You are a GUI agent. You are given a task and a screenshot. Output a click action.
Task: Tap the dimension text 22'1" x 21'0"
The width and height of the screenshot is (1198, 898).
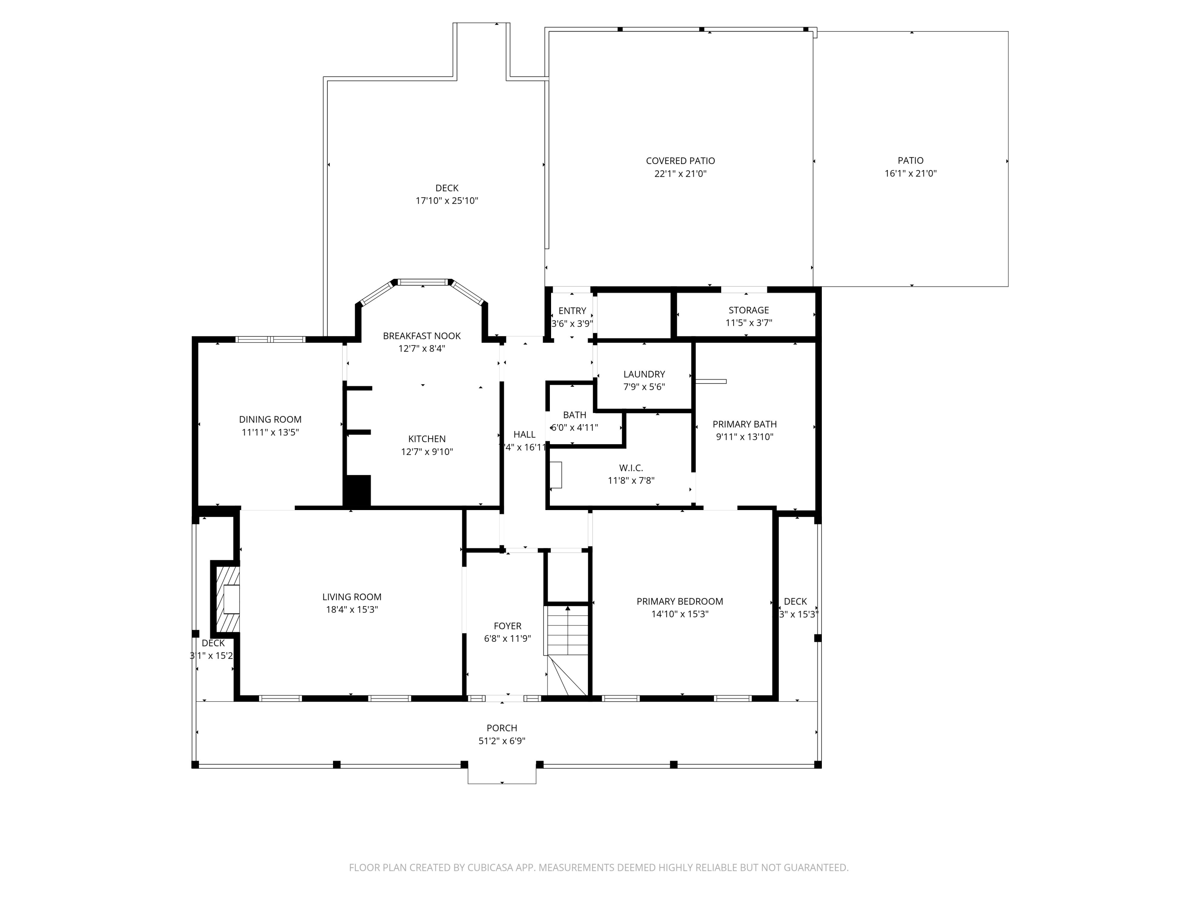(x=680, y=174)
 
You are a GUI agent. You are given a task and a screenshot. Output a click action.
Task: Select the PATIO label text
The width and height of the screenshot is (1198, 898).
(x=910, y=160)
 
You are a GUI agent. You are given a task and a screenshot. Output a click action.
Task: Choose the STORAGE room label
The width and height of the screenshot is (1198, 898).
(x=748, y=310)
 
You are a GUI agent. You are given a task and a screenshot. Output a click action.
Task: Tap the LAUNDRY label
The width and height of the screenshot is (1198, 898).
(x=644, y=374)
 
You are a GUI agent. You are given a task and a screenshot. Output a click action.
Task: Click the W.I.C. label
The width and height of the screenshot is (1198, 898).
(x=631, y=468)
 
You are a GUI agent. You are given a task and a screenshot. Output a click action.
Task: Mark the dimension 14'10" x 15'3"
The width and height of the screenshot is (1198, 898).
(x=680, y=614)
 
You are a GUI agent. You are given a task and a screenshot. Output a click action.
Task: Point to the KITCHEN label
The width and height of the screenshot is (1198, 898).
(x=427, y=439)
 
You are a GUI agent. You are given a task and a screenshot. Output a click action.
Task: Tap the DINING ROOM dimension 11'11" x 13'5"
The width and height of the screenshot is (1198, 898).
(x=270, y=432)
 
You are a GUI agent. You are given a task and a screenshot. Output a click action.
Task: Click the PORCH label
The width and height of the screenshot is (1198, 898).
(x=502, y=728)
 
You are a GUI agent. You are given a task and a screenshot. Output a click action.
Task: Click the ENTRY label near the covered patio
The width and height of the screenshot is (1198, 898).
(x=572, y=311)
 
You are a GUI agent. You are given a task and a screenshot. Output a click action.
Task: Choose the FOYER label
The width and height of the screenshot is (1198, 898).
(x=508, y=626)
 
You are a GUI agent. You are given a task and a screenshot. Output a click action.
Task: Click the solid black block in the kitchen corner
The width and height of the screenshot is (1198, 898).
(x=357, y=491)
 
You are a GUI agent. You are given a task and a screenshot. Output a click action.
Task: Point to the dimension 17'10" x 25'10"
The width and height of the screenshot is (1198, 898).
(x=447, y=201)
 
